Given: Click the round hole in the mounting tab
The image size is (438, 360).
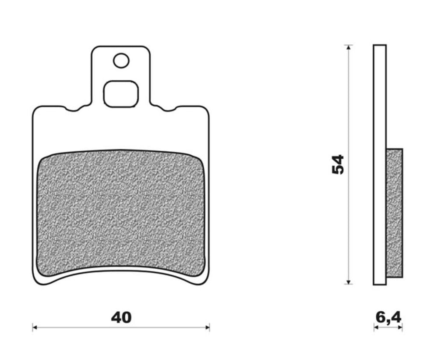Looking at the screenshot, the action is point(121,61).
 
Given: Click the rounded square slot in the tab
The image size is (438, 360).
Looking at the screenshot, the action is point(121,94).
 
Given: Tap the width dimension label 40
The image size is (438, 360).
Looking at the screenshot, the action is point(121,317).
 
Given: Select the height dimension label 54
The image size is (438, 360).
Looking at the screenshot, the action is point(338,164).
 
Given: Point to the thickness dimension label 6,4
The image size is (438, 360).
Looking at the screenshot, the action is point(389,317).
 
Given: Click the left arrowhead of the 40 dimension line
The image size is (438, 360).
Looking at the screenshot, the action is point(35,327).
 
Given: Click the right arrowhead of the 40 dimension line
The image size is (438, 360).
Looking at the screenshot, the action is point(207,327).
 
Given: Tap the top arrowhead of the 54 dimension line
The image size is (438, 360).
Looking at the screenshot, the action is point(348,47).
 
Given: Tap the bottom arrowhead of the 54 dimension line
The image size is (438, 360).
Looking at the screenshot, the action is point(348,282).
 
